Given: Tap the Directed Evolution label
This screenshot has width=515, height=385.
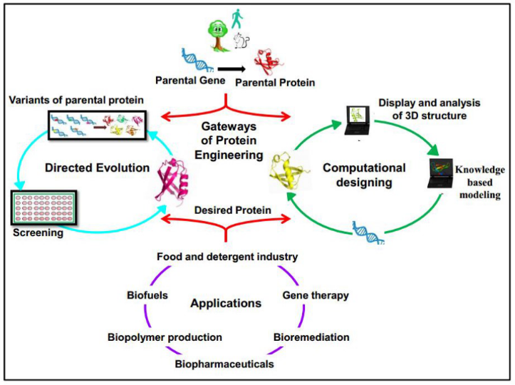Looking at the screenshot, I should tap(96, 168).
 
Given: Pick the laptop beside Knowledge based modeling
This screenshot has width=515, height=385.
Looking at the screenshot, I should tap(442, 175).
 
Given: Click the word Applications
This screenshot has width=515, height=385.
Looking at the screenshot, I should tap(226, 303).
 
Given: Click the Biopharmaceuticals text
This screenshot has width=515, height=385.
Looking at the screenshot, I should tap(225, 364).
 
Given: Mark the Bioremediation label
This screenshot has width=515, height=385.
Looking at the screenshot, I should tap(312, 337).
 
